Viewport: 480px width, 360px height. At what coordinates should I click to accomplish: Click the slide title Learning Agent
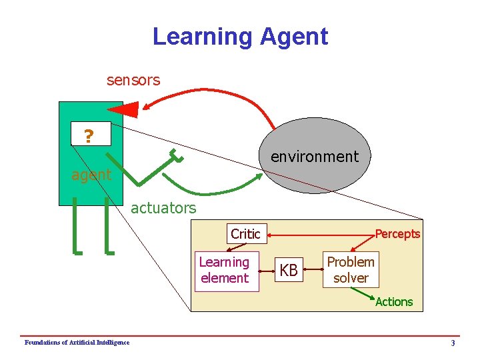click(x=240, y=36)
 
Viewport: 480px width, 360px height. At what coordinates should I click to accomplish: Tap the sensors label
click(x=133, y=80)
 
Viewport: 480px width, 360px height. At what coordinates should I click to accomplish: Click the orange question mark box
click(x=88, y=137)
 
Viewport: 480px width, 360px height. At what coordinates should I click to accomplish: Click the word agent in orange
click(x=91, y=175)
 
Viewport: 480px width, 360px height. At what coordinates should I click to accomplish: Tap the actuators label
click(x=163, y=208)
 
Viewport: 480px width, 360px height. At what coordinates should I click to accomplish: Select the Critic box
click(x=245, y=234)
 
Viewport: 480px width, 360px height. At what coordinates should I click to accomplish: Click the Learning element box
click(x=224, y=270)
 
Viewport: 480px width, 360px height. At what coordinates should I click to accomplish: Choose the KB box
click(x=289, y=271)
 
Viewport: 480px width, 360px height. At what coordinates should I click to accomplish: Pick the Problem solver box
click(x=351, y=269)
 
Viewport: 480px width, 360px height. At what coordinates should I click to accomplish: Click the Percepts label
click(x=397, y=234)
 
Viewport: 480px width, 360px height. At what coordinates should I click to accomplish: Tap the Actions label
click(x=393, y=302)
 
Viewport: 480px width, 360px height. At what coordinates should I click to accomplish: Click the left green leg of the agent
click(x=77, y=227)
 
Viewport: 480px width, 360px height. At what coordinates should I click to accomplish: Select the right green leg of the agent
click(x=108, y=227)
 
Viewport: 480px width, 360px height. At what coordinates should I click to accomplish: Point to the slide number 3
click(x=453, y=343)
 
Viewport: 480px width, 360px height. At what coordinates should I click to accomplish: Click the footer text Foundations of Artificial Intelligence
click(x=77, y=343)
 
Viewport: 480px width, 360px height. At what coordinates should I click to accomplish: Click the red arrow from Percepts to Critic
click(x=320, y=234)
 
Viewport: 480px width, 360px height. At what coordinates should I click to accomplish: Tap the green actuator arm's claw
click(x=176, y=155)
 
